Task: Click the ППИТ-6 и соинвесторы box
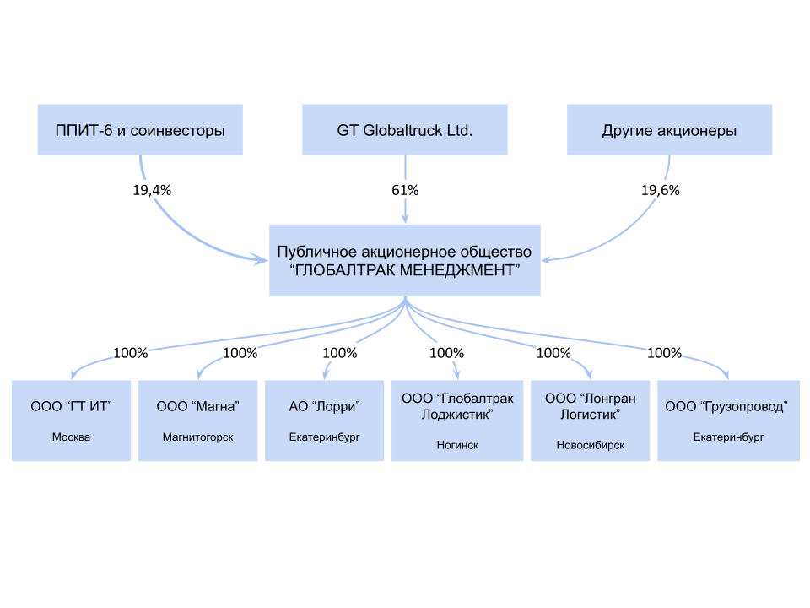(x=140, y=130)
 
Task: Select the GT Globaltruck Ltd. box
(x=405, y=130)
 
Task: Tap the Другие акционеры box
(x=669, y=130)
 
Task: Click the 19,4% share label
(x=152, y=190)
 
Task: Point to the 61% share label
(x=405, y=190)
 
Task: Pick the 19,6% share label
(x=660, y=190)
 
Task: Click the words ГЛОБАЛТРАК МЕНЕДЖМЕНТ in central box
(x=405, y=270)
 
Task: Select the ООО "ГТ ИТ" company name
(x=71, y=406)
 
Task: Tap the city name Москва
(x=71, y=437)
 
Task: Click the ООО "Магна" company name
(x=197, y=406)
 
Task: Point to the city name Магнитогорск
(x=197, y=437)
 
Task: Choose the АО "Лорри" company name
(x=325, y=406)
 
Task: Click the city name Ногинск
(x=457, y=445)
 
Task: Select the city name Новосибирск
(x=591, y=445)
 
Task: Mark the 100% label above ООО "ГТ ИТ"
(x=130, y=353)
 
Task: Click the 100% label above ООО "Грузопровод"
(x=664, y=353)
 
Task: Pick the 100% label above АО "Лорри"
(x=339, y=353)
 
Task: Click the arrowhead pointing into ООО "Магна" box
(x=197, y=377)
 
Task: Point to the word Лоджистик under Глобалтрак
(x=457, y=415)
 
